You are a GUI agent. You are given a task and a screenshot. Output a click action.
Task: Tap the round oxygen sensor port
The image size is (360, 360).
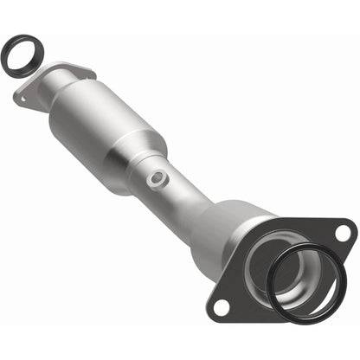[x=156, y=177]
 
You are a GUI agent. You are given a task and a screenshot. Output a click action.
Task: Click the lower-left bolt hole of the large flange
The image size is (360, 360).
[x=222, y=305]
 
